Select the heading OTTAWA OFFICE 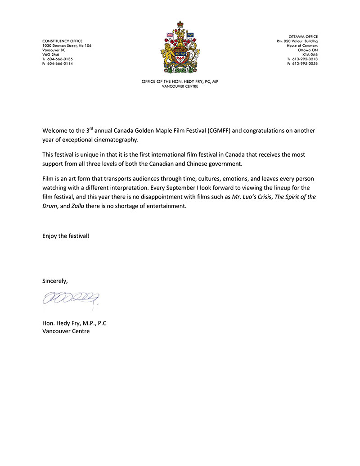[303, 36]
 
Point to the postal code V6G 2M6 [51, 54]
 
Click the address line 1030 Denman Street [67, 45]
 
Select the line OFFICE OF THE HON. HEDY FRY [180, 81]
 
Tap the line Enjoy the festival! [66, 236]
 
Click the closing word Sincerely [55, 281]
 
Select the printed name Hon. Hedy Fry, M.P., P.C [74, 323]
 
